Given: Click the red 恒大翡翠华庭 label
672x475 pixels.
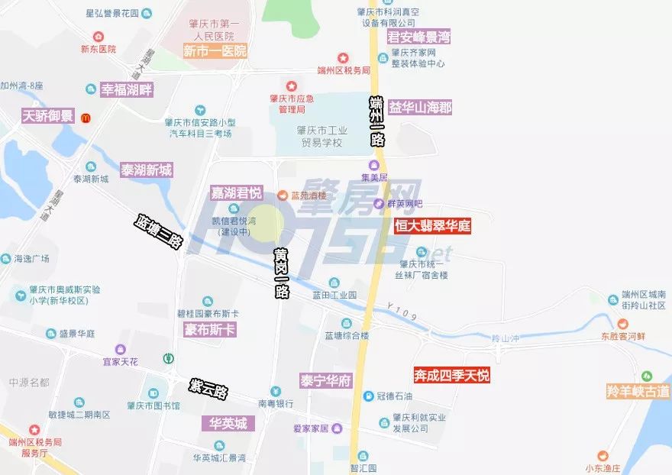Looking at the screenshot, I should tap(432, 225).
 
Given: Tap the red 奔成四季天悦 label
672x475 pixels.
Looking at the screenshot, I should tap(451, 375).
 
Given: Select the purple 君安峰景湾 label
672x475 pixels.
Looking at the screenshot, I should tap(418, 37).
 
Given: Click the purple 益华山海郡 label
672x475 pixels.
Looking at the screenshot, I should tap(420, 108).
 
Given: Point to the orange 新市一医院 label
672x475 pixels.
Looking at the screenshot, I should tap(215, 51).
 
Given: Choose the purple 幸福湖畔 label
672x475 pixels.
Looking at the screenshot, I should tap(128, 89).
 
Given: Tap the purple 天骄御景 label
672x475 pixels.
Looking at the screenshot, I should tap(47, 116).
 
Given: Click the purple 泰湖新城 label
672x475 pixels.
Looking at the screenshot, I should tap(146, 170).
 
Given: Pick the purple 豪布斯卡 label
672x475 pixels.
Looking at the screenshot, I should tap(210, 330).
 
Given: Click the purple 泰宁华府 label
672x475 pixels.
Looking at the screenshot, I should tap(325, 380).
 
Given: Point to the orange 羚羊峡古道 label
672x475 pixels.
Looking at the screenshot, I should tap(638, 391).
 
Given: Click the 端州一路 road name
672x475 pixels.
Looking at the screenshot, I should tap(376, 121).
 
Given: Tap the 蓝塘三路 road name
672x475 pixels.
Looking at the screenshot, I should tap(159, 231).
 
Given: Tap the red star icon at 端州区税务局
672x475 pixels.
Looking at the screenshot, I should tap(343, 58).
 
